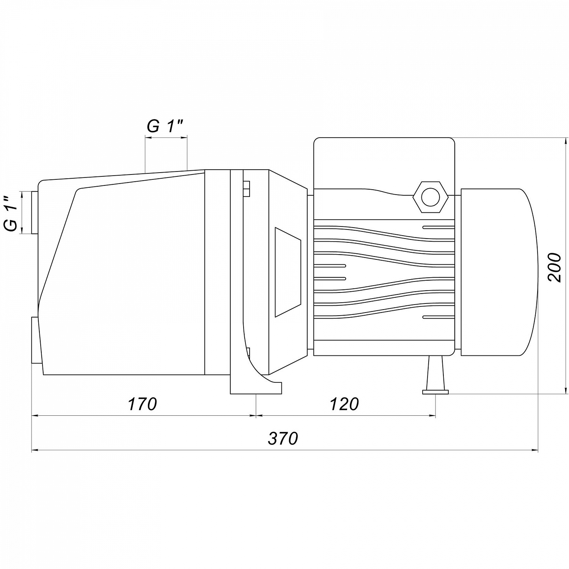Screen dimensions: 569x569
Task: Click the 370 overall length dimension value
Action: (x=283, y=439)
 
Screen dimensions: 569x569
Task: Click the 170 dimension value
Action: (x=142, y=404)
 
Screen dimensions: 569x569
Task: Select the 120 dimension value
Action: (x=344, y=404)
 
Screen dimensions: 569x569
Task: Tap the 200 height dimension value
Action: (x=555, y=267)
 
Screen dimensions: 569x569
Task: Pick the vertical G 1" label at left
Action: (x=11, y=214)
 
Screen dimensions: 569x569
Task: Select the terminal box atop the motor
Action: (x=384, y=163)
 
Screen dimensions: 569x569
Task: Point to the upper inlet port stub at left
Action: (x=35, y=213)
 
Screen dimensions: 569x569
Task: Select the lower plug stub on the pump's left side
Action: (x=35, y=340)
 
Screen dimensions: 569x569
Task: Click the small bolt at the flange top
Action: (x=246, y=189)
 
